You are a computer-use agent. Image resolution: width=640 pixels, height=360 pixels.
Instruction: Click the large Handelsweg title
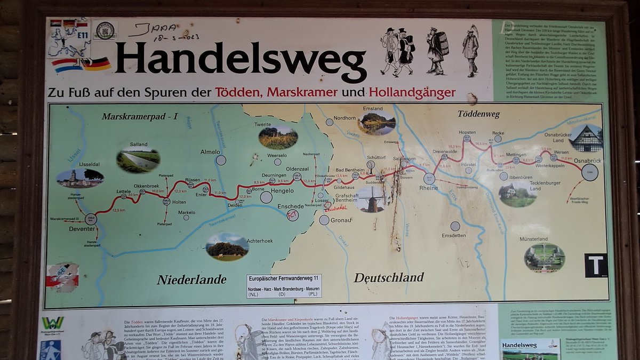pyautogui.click(x=240, y=59)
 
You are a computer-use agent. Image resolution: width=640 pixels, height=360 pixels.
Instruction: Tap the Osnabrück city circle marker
pyautogui.click(x=589, y=172)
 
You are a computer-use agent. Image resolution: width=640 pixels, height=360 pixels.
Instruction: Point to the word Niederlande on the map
pyautogui.click(x=191, y=279)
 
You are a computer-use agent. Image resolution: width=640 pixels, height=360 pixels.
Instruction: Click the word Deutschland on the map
pyautogui.click(x=389, y=277)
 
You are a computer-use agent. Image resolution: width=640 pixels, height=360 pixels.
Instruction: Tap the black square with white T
pyautogui.click(x=596, y=265)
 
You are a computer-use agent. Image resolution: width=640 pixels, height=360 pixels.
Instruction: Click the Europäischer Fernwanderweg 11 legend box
pyautogui.click(x=284, y=285)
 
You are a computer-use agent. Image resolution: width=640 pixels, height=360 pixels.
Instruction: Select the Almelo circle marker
pyautogui.click(x=221, y=160)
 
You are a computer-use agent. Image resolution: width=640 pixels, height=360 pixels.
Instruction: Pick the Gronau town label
pyautogui.click(x=342, y=220)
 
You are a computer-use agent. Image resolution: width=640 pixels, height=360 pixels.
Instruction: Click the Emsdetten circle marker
pyautogui.click(x=455, y=226)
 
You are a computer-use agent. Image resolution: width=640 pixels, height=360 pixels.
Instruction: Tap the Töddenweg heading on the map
pyautogui.click(x=478, y=114)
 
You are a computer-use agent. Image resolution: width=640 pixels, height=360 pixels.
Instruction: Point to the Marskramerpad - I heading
pyautogui.click(x=139, y=116)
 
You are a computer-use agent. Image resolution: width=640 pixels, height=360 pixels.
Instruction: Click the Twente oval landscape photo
pyautogui.click(x=278, y=138)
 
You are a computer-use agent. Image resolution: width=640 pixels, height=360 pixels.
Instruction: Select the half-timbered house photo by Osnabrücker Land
pyautogui.click(x=586, y=138)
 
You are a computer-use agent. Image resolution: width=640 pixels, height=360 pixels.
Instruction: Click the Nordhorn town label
pyautogui.click(x=344, y=118)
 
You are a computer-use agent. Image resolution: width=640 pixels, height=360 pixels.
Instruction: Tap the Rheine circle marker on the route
pyautogui.click(x=429, y=179)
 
